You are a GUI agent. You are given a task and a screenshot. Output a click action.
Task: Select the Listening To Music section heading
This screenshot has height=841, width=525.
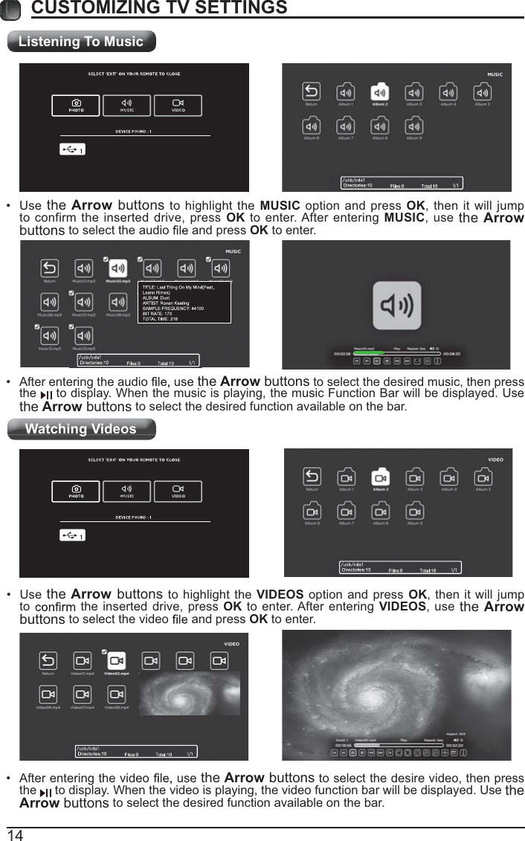(81, 42)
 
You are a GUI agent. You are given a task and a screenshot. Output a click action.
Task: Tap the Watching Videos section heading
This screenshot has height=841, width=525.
(81, 429)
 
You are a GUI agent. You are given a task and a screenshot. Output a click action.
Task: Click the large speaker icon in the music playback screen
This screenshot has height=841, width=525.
(396, 306)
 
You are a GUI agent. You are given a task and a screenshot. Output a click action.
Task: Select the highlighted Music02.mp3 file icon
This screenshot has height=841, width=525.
(117, 268)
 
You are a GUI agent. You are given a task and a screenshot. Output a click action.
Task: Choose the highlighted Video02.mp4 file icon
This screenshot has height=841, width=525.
(117, 660)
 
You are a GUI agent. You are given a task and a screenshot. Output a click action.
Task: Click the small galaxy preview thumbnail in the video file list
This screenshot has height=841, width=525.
(189, 693)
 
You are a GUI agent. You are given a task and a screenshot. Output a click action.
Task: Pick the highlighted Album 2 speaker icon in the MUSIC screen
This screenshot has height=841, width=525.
(380, 92)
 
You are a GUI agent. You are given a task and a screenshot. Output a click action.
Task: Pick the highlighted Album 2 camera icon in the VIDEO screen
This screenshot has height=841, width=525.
(380, 477)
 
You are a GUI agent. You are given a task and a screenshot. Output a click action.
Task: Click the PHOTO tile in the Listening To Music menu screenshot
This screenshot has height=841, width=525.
(76, 106)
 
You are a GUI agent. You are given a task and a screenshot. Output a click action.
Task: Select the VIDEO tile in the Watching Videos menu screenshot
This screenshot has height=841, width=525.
(178, 492)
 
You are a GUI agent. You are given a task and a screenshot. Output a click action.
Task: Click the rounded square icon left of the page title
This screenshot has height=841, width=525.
(10, 8)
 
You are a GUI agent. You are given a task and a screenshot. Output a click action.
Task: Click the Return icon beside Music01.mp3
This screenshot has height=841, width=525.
(49, 268)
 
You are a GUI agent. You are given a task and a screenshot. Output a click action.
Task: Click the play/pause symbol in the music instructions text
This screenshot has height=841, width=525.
(46, 395)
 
